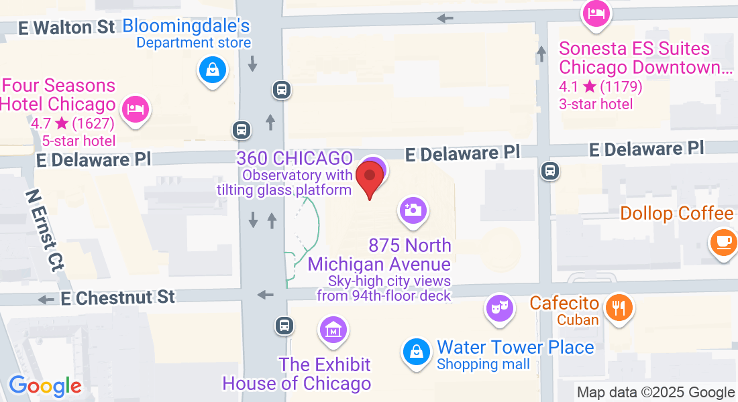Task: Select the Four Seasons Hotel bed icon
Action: tap(136, 109)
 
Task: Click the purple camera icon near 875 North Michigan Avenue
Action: tap(413, 210)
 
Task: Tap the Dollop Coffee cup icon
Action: tap(723, 240)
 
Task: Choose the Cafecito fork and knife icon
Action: tap(617, 308)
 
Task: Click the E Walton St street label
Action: tap(66, 27)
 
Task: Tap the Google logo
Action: tap(45, 386)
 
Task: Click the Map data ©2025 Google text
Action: tap(655, 393)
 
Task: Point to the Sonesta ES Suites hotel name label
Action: tap(634, 58)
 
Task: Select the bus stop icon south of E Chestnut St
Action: tap(284, 326)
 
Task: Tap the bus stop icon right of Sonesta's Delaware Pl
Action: tap(550, 171)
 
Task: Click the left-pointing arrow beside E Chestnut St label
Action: tap(46, 299)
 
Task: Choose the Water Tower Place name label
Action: tap(515, 347)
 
